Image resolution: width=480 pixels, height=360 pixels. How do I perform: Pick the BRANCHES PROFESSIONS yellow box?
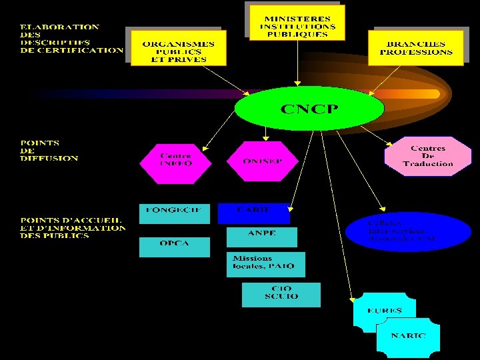[416, 47]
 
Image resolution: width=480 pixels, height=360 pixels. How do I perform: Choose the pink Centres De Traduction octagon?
[427, 157]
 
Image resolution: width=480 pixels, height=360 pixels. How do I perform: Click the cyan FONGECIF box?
[175, 213]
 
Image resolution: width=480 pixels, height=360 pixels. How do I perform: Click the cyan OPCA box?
[175, 247]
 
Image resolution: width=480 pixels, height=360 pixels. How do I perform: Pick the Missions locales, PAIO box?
[265, 264]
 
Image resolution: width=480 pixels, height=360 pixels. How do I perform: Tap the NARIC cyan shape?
[408, 337]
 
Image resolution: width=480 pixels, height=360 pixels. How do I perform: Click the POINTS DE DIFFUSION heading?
[49, 151]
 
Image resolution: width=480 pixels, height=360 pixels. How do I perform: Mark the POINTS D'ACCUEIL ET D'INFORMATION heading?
[73, 227]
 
